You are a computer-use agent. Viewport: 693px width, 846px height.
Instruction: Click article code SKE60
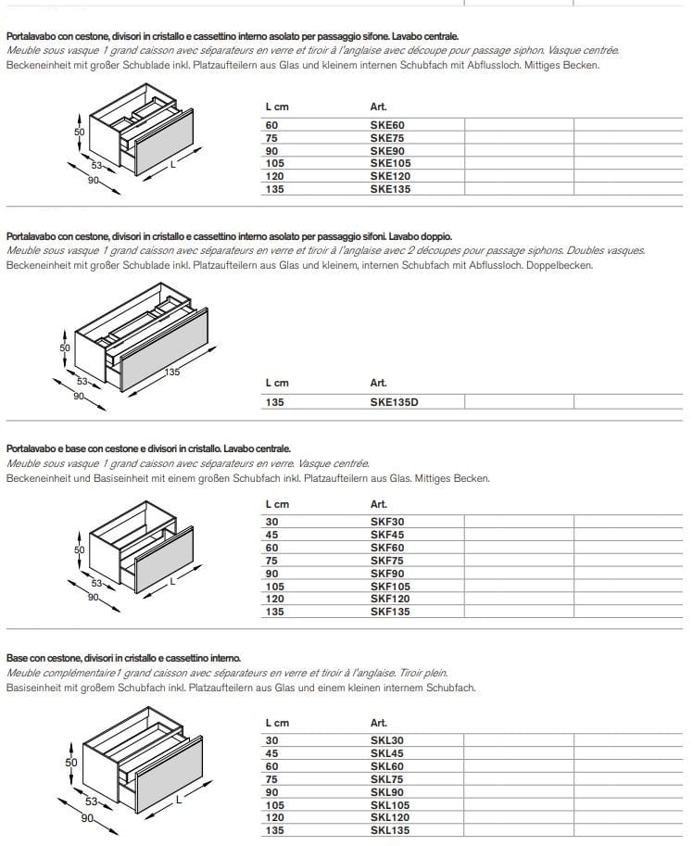click(386, 124)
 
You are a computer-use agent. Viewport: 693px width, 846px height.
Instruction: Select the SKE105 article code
click(389, 163)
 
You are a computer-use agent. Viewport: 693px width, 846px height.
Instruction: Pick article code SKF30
click(386, 522)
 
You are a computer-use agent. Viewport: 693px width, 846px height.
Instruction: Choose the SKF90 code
click(386, 574)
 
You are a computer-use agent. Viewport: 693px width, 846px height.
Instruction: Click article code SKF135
click(389, 612)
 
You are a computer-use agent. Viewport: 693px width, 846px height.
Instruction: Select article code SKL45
click(386, 753)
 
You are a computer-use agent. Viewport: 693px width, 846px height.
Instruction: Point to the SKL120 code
click(389, 818)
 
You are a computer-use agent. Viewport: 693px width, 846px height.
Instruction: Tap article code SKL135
click(389, 831)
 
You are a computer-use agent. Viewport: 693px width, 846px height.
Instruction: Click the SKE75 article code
click(386, 137)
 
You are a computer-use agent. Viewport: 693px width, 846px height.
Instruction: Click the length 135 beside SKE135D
click(274, 402)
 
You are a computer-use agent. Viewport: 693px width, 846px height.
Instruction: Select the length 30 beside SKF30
click(271, 522)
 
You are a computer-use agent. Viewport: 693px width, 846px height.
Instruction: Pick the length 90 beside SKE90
click(271, 150)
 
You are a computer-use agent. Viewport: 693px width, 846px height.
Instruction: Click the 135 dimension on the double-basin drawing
click(172, 372)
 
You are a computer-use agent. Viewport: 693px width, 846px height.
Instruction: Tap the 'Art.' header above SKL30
click(378, 723)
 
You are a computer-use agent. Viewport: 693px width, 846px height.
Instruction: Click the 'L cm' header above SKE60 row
click(276, 107)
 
